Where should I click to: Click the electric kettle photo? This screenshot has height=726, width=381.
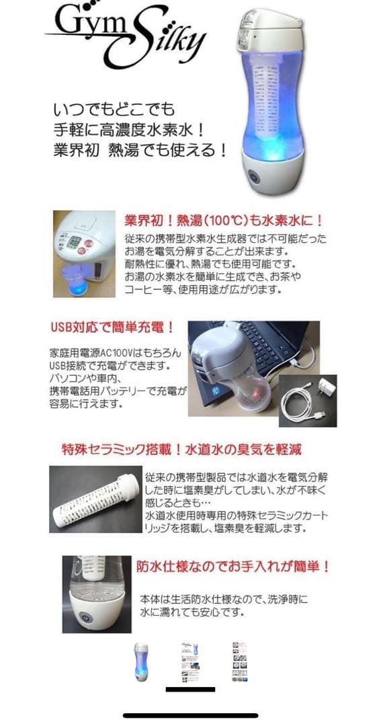(x=85, y=253)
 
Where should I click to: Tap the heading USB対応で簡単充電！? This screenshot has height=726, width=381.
(x=112, y=327)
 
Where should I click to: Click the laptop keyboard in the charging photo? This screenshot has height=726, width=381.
(x=269, y=336)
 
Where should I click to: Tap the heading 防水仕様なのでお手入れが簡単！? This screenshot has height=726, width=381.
(x=232, y=567)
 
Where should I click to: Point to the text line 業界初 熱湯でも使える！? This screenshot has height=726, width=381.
(x=139, y=149)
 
